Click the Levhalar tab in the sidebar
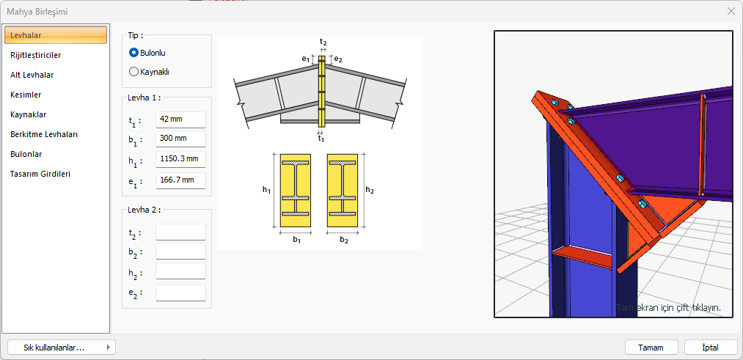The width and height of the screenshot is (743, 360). (56, 35)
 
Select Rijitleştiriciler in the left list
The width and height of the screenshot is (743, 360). (35, 55)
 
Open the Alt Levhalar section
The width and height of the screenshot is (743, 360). (32, 75)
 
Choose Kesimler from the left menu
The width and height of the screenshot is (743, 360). (26, 95)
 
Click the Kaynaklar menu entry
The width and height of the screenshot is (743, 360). (28, 114)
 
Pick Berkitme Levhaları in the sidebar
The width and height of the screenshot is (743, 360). (44, 134)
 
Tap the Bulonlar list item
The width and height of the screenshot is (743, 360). (26, 154)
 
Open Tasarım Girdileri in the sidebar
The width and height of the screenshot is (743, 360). (40, 174)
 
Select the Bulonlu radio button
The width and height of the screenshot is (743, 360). (133, 53)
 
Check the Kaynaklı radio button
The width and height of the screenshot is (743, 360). (133, 72)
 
